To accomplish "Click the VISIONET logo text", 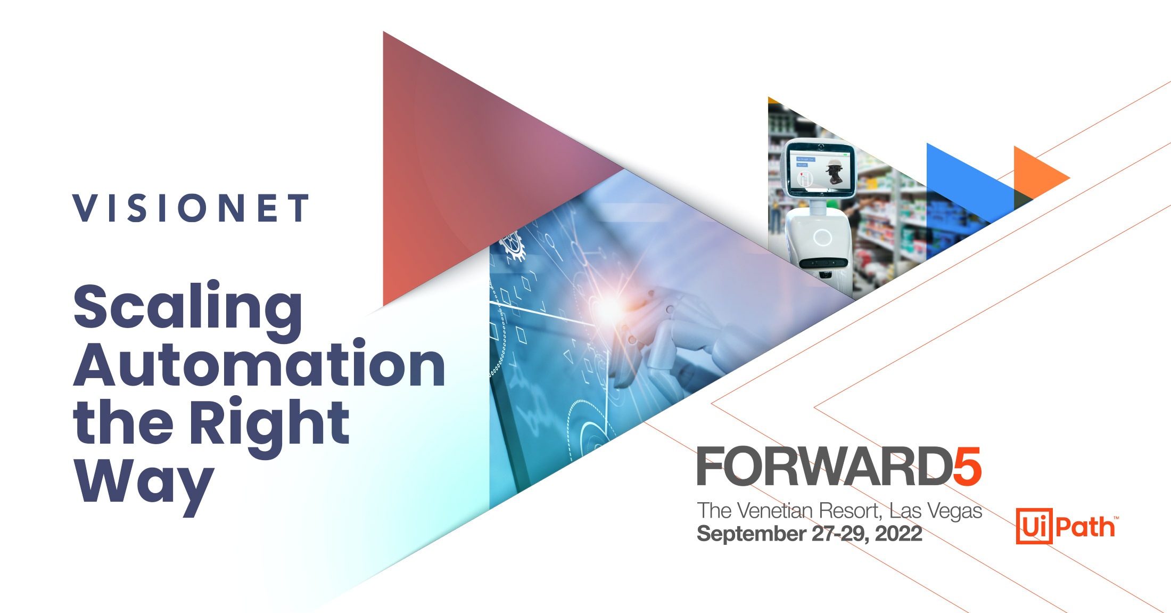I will coord(191,208).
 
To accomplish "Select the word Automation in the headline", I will coord(259,366).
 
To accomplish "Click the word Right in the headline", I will coord(269,424).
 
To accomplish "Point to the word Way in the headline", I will coord(144,483).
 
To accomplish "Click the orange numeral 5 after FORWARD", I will coord(967,467).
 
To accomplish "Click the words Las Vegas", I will coord(935,511).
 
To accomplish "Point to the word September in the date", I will coord(752,534).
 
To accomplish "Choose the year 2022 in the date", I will coord(898,534).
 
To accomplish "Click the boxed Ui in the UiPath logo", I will coord(1034,526).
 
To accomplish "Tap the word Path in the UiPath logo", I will coord(1085,527).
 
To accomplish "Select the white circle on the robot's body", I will coord(822,237).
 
